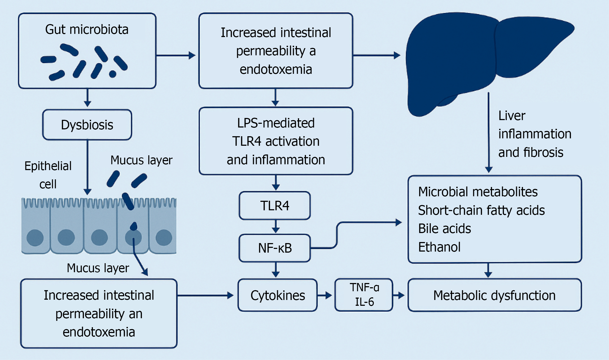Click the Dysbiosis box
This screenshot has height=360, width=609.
pyautogui.click(x=87, y=125)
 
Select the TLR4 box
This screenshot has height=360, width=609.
pyautogui.click(x=275, y=206)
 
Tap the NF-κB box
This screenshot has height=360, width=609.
pyautogui.click(x=275, y=248)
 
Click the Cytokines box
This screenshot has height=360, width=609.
pyautogui.click(x=277, y=295)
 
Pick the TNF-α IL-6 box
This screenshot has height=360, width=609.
pyautogui.click(x=364, y=295)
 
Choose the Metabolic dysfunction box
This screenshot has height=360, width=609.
pyautogui.click(x=494, y=295)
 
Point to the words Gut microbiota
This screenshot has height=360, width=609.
pyautogui.click(x=87, y=29)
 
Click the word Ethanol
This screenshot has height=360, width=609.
pyautogui.click(x=439, y=247)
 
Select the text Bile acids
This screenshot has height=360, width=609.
pyautogui.click(x=445, y=229)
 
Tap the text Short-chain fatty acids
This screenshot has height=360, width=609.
pyautogui.click(x=481, y=210)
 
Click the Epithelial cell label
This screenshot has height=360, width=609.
pyautogui.click(x=48, y=175)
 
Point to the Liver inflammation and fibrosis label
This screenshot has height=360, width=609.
pyautogui.click(x=535, y=134)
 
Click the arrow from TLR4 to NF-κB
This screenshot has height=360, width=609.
pyautogui.click(x=276, y=226)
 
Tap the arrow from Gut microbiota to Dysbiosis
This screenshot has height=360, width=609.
pyautogui.click(x=88, y=98)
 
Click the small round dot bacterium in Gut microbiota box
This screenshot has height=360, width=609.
pyautogui.click(x=112, y=74)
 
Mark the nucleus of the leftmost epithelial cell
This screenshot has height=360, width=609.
pyautogui.click(x=35, y=238)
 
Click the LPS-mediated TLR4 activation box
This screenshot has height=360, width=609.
pyautogui.click(x=276, y=141)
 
